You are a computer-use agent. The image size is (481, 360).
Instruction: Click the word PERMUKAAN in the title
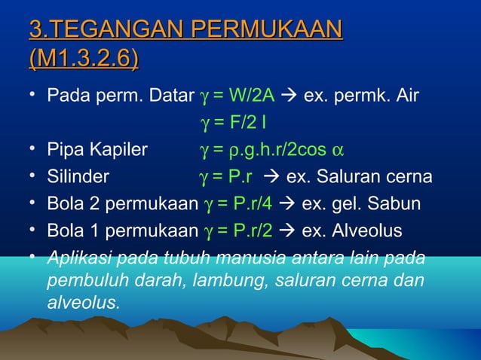coord(268,31)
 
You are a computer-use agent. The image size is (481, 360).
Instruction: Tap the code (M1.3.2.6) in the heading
coord(84,58)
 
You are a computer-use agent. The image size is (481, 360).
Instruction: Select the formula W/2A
coord(250,96)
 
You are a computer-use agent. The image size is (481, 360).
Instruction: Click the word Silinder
coord(78,177)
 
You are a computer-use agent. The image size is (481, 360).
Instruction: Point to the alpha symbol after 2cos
coord(339,150)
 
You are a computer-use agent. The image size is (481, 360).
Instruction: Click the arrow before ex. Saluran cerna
coord(271,177)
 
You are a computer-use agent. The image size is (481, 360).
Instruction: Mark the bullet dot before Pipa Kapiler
coord(33,148)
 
